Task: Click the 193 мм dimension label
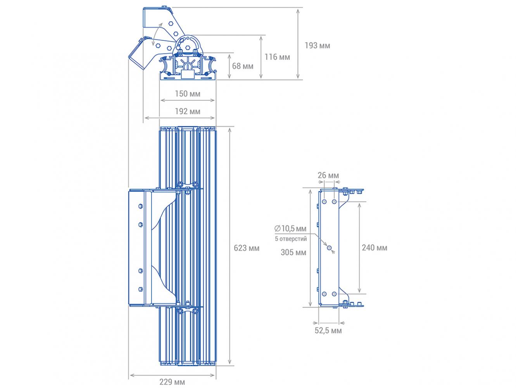(317, 45)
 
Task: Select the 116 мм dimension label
(277, 57)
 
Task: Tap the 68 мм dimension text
(243, 66)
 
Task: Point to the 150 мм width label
(188, 94)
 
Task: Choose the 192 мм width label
(188, 111)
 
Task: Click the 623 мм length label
(247, 248)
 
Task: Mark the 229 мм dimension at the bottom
(172, 382)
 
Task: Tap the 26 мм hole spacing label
(328, 175)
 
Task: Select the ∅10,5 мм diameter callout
(290, 228)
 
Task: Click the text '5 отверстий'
(291, 239)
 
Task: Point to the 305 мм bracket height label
(293, 253)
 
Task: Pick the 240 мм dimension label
(374, 248)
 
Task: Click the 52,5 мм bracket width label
(328, 331)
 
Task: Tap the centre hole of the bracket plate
(329, 248)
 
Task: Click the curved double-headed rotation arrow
(156, 34)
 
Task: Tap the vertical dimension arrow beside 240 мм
(359, 248)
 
